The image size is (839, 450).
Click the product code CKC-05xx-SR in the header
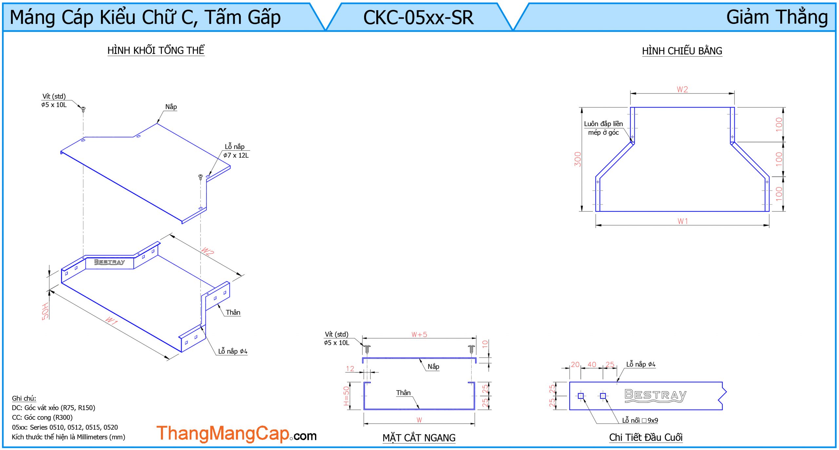418,17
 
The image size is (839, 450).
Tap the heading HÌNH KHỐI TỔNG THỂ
156,50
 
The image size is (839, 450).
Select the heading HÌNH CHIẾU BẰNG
682,51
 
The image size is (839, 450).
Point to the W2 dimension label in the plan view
682,89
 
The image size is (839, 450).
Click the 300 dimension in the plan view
577,159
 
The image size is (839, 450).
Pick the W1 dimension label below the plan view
683,221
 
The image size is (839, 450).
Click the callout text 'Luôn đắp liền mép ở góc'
603,128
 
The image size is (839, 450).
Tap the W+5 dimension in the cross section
419,335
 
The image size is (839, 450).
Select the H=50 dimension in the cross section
346,396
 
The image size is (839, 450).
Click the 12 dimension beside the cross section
350,369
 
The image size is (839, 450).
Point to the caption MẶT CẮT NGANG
419,438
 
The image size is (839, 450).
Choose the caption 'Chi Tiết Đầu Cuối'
646,437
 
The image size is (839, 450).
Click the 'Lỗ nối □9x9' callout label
640,421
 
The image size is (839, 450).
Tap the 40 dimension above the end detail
592,364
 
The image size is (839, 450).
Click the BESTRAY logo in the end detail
655,395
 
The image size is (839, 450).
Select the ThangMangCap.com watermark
236,434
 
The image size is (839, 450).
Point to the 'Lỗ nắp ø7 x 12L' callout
236,151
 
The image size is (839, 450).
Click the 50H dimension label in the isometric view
45,311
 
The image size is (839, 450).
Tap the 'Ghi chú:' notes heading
24,398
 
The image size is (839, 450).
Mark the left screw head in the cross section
367,347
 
